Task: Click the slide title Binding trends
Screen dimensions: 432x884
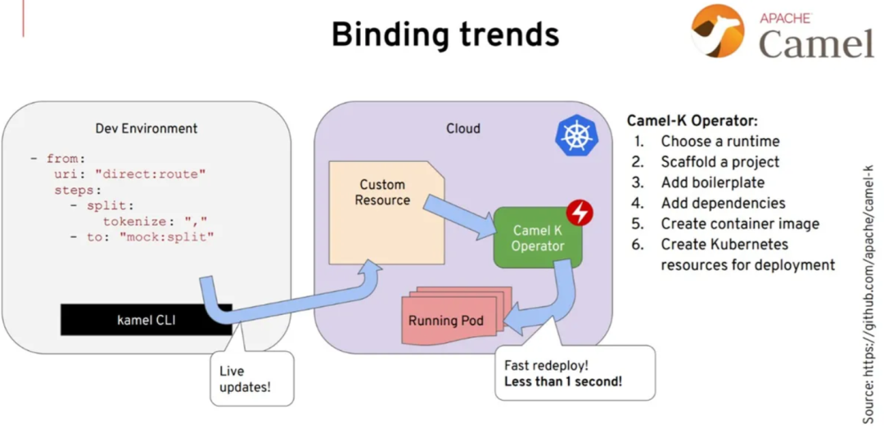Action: [445, 35]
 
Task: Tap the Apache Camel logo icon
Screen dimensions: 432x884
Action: [717, 31]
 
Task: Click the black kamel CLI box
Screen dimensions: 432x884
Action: [146, 320]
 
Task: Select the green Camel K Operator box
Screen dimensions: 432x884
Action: [538, 238]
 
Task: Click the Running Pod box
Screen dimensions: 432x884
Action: [446, 320]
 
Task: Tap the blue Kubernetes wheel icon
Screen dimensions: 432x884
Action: [576, 135]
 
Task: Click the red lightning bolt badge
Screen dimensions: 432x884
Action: [580, 212]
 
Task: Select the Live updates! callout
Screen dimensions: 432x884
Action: [250, 378]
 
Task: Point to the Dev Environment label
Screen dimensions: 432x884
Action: [147, 128]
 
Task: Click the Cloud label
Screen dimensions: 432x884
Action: [463, 128]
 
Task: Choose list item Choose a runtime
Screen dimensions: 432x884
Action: [720, 141]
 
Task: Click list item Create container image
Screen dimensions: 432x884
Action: [740, 223]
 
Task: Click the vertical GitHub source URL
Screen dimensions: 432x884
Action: [868, 295]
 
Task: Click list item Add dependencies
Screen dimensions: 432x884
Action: [723, 203]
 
